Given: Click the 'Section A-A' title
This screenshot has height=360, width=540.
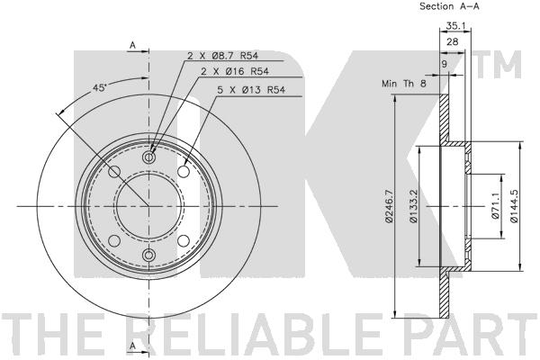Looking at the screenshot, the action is pos(449,6).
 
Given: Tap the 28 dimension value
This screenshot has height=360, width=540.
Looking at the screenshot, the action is pos(453,42).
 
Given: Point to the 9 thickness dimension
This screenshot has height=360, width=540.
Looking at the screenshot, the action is pos(444,64).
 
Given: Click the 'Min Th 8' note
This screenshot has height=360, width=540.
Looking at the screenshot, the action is pos(404,84).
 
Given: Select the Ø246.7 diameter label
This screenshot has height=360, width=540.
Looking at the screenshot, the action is pos(389,206).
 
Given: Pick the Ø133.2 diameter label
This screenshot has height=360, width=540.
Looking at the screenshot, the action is pos(414,206).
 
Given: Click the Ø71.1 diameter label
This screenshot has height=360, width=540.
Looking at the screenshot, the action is pos(495,206).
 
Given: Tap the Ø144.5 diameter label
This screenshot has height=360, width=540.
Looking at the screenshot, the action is pos(514,206).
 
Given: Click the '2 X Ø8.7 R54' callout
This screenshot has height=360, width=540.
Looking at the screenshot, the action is pos(223,56).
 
